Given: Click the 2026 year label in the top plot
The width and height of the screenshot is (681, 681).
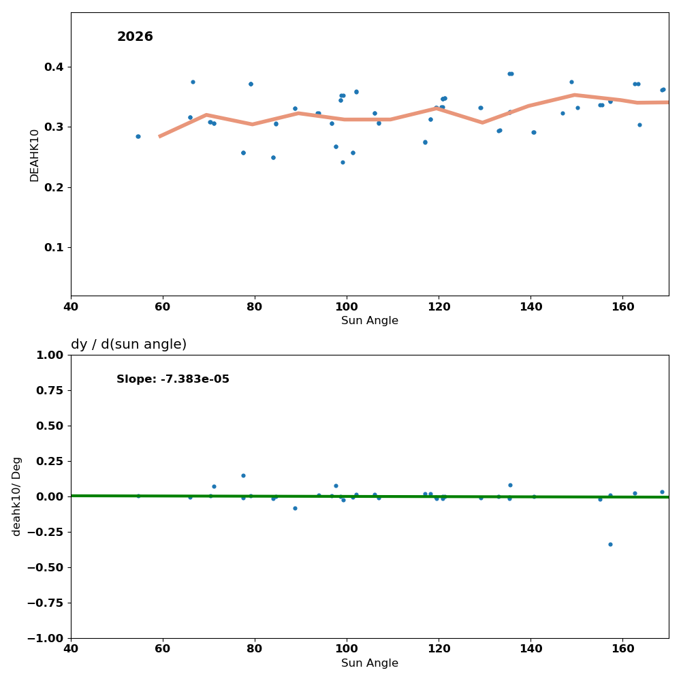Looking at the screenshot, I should point(135,37).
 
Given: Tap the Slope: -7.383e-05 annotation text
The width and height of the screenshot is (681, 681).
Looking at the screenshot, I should point(173,379).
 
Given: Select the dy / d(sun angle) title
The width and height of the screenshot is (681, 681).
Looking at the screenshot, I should point(129,345).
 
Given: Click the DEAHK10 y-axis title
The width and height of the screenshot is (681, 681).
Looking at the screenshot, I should point(35,155).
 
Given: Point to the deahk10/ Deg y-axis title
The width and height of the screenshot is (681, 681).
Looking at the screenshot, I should point(17,496).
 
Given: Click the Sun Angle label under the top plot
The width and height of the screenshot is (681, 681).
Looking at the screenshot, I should point(370,321).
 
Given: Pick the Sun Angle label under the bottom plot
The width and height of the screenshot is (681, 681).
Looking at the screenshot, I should point(370,663).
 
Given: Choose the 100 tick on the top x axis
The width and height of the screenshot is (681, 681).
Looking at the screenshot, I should point(347,307).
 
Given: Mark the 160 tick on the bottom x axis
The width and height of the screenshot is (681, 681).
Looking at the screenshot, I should point(623,649).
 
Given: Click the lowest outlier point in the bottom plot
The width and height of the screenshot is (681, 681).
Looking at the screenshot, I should point(610,544).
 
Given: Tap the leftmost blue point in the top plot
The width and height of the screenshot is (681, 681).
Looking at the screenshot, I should point(138,136).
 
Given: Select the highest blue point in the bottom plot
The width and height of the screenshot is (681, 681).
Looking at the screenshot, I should point(243,475).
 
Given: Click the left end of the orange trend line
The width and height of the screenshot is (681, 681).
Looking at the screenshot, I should point(160,136).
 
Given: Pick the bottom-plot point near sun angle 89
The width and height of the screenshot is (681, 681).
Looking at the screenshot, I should point(295,508).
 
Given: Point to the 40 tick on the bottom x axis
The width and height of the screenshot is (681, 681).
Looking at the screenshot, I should point(71,649).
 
